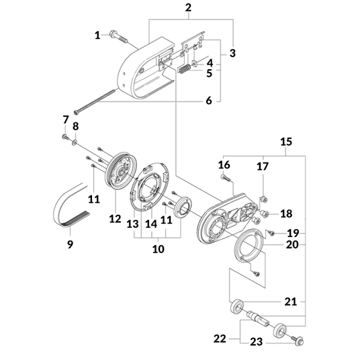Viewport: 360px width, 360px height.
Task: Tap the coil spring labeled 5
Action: coord(185,69)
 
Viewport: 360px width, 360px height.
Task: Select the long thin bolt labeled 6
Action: coord(95,101)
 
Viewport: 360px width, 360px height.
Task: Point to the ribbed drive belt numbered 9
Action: coord(71,205)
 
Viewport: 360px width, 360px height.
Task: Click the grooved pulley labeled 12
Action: coord(122,170)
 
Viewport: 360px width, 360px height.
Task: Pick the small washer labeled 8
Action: coord(75,143)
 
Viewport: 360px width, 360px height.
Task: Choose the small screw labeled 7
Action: coord(65,137)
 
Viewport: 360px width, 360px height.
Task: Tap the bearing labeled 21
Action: coord(237,306)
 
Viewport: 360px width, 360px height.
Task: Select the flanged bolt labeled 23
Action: coord(298,340)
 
